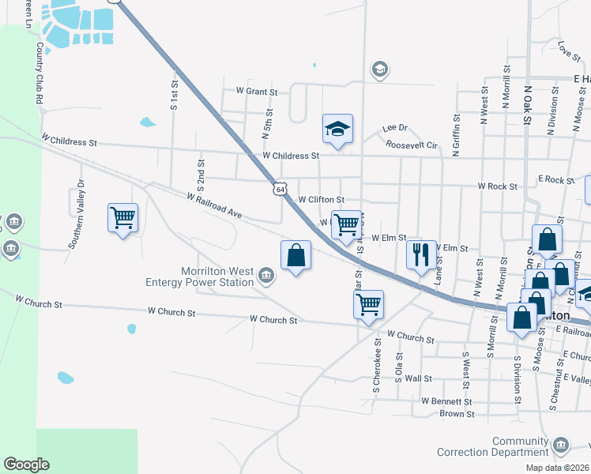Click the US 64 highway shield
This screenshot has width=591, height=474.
(280, 189)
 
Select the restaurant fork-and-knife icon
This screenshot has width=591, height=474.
(419, 254)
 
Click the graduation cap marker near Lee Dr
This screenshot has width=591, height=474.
(337, 128)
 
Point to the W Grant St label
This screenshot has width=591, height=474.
(251, 92)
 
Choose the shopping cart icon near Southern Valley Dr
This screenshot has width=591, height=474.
(122, 217)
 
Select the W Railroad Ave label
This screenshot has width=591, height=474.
(214, 206)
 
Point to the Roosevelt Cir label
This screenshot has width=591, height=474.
(412, 145)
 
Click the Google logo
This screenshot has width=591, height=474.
(26, 465)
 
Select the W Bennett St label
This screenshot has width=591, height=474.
(446, 401)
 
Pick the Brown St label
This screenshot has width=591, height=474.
(457, 413)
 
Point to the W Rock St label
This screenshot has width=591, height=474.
(497, 186)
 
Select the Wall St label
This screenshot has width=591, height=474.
(418, 379)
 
